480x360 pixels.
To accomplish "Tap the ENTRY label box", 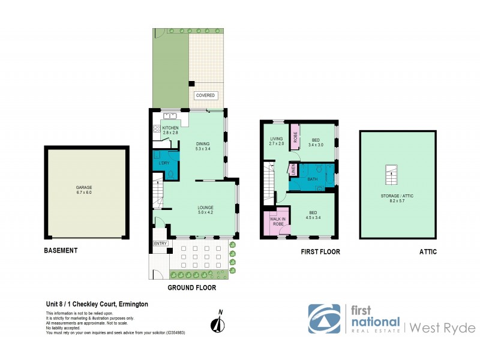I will [x=160, y=243].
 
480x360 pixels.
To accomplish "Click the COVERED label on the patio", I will [x=205, y=95].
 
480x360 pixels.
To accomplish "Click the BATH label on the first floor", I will [x=312, y=179].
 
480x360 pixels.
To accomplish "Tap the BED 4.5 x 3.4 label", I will [x=314, y=215].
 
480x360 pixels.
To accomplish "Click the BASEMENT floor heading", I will [x=61, y=251].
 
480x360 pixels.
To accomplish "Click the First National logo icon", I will [x=324, y=319].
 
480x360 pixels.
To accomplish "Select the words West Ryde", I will [x=443, y=328].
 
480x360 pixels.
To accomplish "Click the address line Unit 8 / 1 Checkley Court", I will [x=97, y=304].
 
